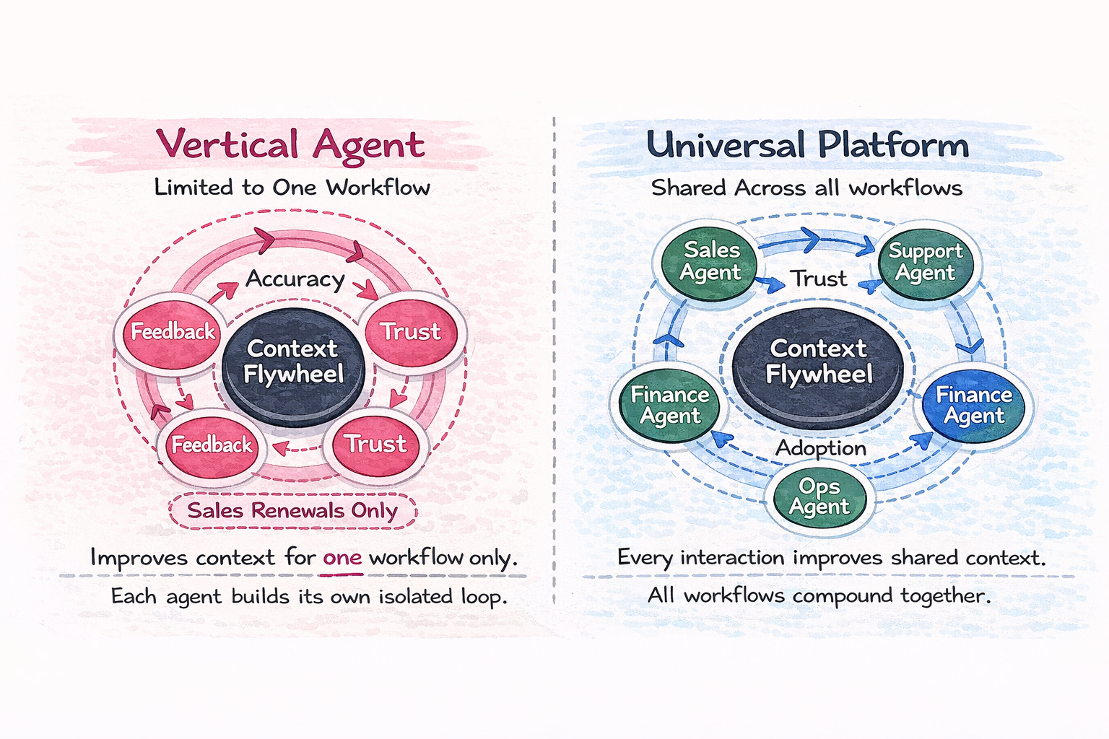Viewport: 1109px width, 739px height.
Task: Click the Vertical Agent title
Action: pos(290,144)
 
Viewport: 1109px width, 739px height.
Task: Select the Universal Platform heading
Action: pos(807,144)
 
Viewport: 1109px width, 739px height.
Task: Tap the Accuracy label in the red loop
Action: pos(295,279)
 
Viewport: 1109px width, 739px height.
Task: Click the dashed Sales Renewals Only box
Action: pos(292,511)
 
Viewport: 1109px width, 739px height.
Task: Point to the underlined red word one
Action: pos(342,558)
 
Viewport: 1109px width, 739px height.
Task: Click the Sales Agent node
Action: pos(711,261)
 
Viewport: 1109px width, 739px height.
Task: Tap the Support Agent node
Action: pos(925,261)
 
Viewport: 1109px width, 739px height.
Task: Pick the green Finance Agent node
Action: pos(670,405)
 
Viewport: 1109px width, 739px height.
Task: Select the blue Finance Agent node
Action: pos(974,405)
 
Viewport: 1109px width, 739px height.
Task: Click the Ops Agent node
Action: pos(819,497)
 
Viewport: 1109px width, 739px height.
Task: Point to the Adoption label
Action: pos(821,448)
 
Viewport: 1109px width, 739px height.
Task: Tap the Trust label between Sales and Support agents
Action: pos(818,279)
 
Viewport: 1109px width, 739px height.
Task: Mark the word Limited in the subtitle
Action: pos(193,188)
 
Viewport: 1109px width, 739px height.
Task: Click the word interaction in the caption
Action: pos(732,558)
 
